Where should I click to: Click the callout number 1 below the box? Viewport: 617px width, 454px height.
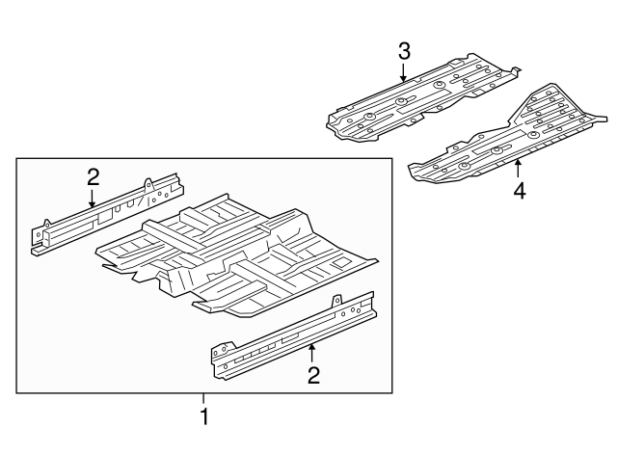(x=204, y=416)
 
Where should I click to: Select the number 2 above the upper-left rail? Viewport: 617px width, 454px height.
(x=93, y=177)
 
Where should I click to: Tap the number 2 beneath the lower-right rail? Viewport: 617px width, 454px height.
(x=313, y=375)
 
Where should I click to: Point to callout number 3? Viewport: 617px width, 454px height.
(x=405, y=52)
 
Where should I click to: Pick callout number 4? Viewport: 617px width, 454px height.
(x=520, y=191)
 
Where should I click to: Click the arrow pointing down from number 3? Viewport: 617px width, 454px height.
(x=403, y=72)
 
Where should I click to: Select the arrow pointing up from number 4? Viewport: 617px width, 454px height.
(x=519, y=169)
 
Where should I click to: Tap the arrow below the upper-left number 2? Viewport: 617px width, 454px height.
(x=93, y=198)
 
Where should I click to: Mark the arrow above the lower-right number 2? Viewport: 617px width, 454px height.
(x=311, y=353)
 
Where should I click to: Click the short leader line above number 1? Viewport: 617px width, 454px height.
(x=203, y=398)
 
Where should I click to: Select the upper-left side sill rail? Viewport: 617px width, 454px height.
(x=107, y=214)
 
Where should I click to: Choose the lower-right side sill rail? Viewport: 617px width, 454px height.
(x=293, y=335)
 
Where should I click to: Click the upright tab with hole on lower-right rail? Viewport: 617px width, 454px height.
(x=336, y=301)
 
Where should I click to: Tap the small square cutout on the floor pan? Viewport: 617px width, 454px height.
(x=340, y=263)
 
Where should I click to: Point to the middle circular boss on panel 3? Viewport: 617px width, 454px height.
(x=401, y=102)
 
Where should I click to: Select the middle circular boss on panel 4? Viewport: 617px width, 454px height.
(x=496, y=150)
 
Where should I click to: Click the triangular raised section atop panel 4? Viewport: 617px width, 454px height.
(x=543, y=103)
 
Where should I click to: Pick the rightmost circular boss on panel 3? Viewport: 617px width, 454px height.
(x=439, y=85)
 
